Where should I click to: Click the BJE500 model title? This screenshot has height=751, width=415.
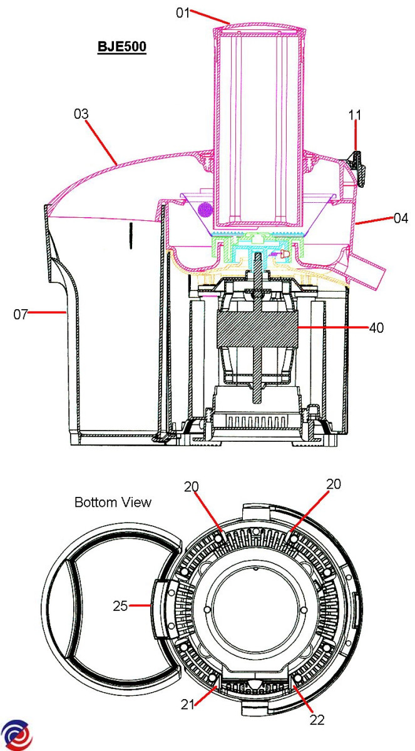[x=122, y=46]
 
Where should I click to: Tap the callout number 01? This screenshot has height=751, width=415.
[x=183, y=13]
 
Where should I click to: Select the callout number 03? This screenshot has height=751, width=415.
[x=81, y=114]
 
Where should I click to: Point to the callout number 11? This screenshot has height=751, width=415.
[x=355, y=115]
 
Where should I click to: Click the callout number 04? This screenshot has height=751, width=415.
[x=401, y=218]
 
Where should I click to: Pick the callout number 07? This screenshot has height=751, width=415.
[x=21, y=314]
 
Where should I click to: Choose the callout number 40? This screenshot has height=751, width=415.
[x=376, y=327]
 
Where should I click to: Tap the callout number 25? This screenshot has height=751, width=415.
[x=120, y=606]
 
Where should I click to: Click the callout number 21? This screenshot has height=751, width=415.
[x=188, y=705]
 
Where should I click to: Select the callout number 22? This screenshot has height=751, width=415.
[x=317, y=720]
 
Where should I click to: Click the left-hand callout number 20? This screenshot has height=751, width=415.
[x=192, y=486]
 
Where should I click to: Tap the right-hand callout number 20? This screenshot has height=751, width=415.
[x=334, y=484]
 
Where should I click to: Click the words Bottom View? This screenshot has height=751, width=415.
[x=113, y=502]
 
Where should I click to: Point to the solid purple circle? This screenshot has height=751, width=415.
[x=205, y=210]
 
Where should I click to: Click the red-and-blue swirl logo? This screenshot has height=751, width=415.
[x=17, y=735]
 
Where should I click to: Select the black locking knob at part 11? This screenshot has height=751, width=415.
[x=356, y=168]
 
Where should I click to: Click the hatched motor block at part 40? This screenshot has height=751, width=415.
[x=257, y=329]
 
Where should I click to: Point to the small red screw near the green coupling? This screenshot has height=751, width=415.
[x=285, y=254]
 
